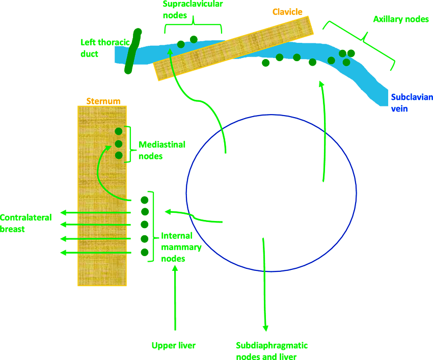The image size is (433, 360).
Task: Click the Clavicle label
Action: tap(287, 11)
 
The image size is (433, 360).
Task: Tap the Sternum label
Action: tap(103, 101)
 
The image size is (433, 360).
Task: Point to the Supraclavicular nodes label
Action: tap(193, 10)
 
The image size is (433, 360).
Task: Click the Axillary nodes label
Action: tap(400, 19)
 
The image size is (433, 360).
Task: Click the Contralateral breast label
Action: tap(25, 224)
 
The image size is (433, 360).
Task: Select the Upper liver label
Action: tap(174, 346)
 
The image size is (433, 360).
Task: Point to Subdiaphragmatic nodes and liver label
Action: tap(272, 351)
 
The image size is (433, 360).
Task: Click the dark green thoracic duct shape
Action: tap(132, 51)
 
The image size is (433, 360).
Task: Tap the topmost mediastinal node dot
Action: tap(119, 131)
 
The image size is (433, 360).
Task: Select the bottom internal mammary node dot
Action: tap(144, 252)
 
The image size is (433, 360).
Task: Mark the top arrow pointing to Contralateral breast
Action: tap(97, 212)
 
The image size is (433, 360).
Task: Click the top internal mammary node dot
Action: tap(144, 200)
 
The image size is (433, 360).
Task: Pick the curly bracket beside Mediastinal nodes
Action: tap(129, 144)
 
